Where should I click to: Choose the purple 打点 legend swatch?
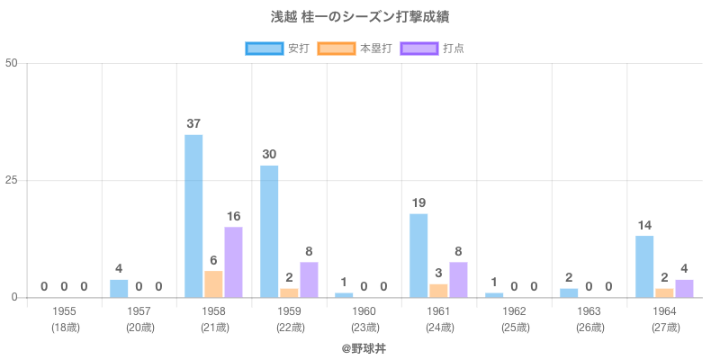click(418, 49)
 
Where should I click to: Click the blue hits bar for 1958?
click(193, 216)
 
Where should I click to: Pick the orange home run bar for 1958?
click(213, 284)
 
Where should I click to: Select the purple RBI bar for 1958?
click(233, 262)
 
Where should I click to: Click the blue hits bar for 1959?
click(269, 231)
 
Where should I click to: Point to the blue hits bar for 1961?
click(418, 256)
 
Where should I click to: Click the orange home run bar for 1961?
click(438, 291)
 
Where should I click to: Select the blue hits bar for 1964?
click(644, 266)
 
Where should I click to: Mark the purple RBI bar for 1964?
click(684, 289)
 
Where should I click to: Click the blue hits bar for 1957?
click(119, 289)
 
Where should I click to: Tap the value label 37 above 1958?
click(193, 123)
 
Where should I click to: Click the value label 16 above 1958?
click(233, 216)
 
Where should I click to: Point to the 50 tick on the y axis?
click(12, 63)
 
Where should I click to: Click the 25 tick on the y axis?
click(12, 180)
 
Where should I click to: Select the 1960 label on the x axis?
click(364, 311)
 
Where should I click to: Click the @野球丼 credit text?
click(364, 347)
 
